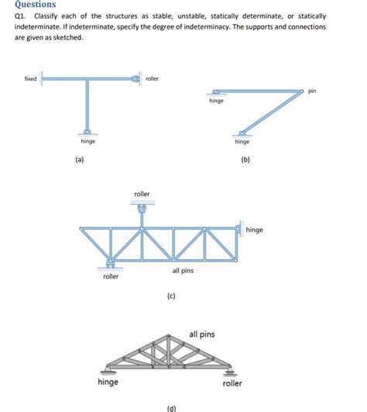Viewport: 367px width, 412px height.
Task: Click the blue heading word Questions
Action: tap(36, 4)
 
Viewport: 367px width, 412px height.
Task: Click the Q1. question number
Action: tap(20, 16)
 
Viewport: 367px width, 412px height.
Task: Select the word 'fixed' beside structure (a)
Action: tap(30, 78)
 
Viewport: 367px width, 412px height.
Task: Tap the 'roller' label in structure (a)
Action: tap(152, 78)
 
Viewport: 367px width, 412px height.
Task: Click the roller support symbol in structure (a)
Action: tap(136, 78)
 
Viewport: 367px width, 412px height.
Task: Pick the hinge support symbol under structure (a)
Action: tap(87, 132)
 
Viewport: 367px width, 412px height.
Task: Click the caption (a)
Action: tap(80, 160)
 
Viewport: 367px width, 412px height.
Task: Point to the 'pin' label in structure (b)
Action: tap(312, 92)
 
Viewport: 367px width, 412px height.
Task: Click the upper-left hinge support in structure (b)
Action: tap(216, 92)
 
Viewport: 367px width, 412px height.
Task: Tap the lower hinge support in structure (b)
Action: tap(242, 133)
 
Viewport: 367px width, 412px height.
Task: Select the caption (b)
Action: tap(245, 160)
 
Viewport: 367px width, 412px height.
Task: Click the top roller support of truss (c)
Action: tap(142, 208)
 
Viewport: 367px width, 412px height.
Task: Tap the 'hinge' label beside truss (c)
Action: tap(254, 230)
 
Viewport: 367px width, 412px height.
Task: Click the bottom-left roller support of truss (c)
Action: tap(111, 264)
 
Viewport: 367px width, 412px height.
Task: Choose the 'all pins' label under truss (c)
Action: tap(183, 270)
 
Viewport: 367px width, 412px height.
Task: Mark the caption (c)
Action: tap(171, 296)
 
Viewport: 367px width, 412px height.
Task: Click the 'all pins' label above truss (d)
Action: tap(202, 334)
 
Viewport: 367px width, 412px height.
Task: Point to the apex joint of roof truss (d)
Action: tap(169, 336)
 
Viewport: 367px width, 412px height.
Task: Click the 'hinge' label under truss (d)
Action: tap(108, 382)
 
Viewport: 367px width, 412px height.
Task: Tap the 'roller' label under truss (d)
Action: tap(232, 383)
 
